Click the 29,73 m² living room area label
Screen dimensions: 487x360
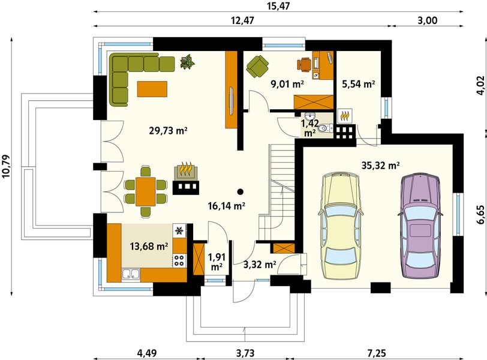tap(168, 131)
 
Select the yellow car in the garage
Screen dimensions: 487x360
tap(341, 226)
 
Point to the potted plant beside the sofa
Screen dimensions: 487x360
tap(187, 62)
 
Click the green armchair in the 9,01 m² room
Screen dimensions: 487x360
tap(257, 66)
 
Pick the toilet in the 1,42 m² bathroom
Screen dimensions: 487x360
tap(325, 128)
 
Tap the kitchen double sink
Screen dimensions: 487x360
tap(131, 274)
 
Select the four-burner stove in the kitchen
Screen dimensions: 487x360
tap(179, 260)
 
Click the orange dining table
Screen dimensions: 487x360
tap(145, 191)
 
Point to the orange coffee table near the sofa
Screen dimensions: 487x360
tap(152, 89)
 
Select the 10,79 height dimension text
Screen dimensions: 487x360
tap(6, 166)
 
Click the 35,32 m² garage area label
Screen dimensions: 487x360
tap(380, 165)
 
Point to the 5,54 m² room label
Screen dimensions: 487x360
tap(359, 83)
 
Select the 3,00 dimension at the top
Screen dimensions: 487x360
tap(428, 20)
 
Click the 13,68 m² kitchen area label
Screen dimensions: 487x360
tap(149, 247)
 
